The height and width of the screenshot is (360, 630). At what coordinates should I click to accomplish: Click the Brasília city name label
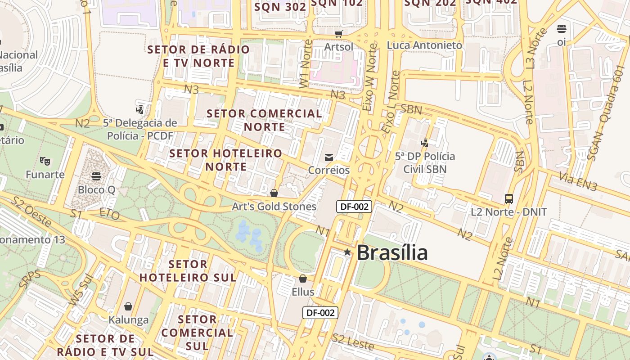point(392,253)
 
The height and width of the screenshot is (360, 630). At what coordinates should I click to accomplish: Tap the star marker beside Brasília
point(347,252)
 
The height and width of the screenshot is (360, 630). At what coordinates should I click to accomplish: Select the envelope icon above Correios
point(329,157)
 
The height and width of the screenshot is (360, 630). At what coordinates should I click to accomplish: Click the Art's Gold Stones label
point(274,207)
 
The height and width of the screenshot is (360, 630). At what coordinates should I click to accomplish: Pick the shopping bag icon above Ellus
point(303,279)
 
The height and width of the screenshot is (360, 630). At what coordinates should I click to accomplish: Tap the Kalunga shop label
point(128,320)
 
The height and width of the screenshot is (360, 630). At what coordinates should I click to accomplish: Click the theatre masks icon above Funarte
point(45,160)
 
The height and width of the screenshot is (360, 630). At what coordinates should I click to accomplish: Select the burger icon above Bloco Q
point(96,176)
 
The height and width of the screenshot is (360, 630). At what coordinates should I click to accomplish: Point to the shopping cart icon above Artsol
point(339,34)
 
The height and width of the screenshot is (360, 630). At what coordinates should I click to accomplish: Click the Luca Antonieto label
point(424,45)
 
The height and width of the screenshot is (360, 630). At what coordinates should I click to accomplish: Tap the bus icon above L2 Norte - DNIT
point(509,198)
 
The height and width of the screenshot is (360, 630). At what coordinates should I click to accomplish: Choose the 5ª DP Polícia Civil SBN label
point(425,162)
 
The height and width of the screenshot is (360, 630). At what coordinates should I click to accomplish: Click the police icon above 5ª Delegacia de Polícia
point(140,109)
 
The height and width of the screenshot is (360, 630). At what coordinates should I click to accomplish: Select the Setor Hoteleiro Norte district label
point(226,160)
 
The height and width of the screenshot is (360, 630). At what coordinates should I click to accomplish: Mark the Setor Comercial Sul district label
point(197,333)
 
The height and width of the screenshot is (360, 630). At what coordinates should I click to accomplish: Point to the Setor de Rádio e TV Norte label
point(198,56)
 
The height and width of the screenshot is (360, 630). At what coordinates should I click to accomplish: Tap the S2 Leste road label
point(353,342)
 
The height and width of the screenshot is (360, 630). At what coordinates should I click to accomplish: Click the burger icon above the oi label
point(561,29)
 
